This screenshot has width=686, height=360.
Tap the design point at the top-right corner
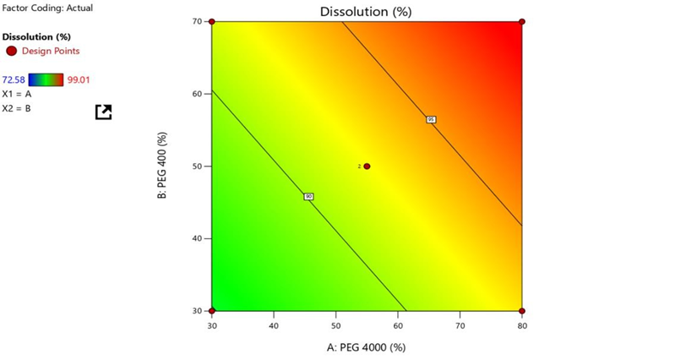pyautogui.click(x=522, y=21)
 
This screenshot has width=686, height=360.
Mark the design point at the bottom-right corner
pyautogui.click(x=522, y=311)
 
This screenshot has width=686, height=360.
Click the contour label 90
pyautogui.click(x=308, y=197)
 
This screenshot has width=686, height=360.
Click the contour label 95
pyautogui.click(x=431, y=120)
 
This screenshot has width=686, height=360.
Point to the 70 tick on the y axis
pyautogui.click(x=197, y=21)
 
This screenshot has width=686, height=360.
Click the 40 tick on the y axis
pyautogui.click(x=197, y=238)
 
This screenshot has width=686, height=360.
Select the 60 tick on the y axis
pyautogui.click(x=197, y=94)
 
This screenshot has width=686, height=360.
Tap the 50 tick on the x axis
pyautogui.click(x=335, y=325)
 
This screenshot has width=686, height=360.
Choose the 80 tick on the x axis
pyautogui.click(x=522, y=325)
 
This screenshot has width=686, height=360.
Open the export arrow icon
pyautogui.click(x=103, y=112)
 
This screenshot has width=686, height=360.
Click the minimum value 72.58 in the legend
pyautogui.click(x=14, y=80)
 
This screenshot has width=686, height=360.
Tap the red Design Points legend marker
pyautogui.click(x=10, y=52)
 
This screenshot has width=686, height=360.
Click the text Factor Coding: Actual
pyautogui.click(x=47, y=8)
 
